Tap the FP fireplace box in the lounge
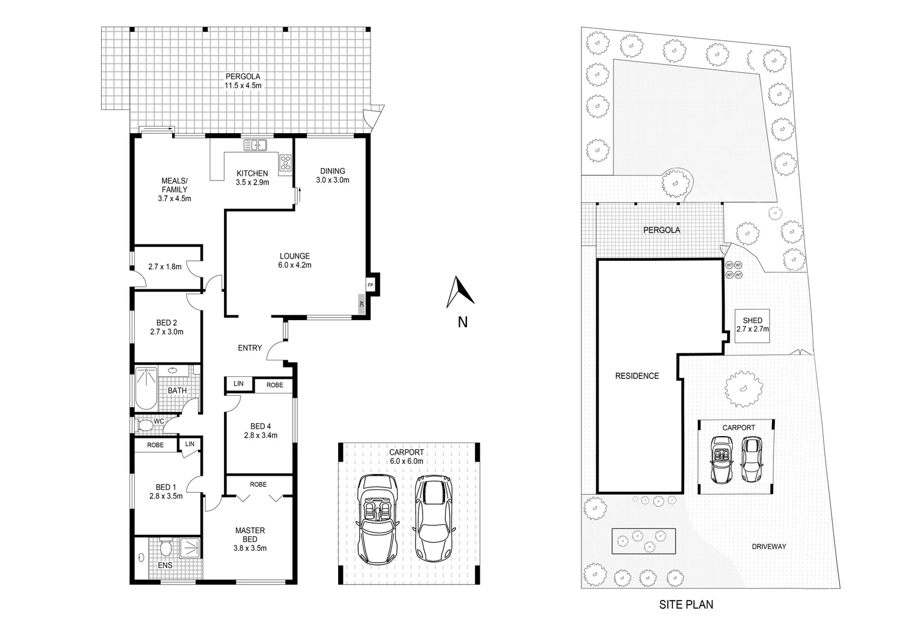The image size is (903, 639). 371,285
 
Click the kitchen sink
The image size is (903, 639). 255,145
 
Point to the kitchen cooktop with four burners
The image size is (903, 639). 285,163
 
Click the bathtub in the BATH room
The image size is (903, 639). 146,388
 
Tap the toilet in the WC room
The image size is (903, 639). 144,425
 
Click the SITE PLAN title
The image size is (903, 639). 686,605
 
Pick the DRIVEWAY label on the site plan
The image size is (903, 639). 769,547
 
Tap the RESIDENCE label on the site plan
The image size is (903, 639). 636,376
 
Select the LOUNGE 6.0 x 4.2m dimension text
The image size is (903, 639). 295,265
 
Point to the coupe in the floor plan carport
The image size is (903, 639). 433,518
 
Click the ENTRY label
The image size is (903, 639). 249,348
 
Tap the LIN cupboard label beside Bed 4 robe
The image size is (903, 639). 238,384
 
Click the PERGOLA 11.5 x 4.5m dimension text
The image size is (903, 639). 242,85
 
